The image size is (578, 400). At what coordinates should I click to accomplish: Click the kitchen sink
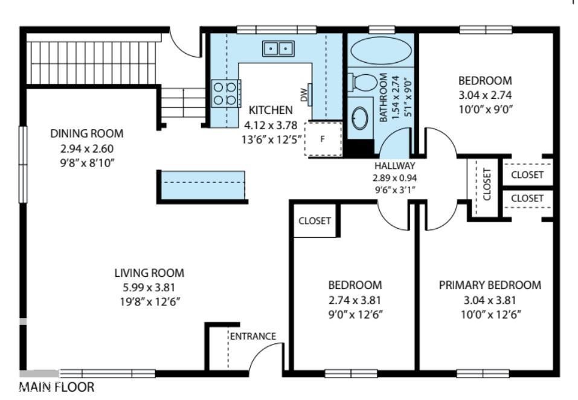(x=278, y=48)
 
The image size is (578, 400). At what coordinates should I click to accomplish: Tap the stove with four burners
(x=225, y=94)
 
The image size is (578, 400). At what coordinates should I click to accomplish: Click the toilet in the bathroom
(x=363, y=81)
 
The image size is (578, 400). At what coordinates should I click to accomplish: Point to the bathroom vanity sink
(x=362, y=118)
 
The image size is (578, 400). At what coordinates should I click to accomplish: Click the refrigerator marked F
(x=323, y=138)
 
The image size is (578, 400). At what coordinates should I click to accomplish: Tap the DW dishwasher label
(x=303, y=94)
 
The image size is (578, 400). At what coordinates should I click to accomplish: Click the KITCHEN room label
(x=271, y=110)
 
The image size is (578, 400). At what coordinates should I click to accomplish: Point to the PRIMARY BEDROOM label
(x=489, y=285)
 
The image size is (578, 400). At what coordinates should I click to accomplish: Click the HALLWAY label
(x=395, y=166)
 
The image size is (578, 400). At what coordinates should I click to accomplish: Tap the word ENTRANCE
(x=252, y=336)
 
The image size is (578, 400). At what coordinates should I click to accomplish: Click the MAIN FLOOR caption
(x=57, y=387)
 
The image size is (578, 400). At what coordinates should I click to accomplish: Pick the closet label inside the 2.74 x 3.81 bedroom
(x=315, y=221)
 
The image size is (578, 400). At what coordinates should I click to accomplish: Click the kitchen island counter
(x=202, y=185)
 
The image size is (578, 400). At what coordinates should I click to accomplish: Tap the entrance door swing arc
(x=266, y=356)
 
